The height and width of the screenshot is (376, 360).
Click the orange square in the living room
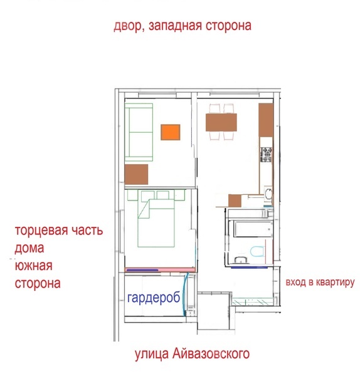click(x=171, y=132)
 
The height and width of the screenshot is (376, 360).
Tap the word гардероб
click(x=154, y=298)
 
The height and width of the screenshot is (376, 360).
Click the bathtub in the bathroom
click(x=253, y=229)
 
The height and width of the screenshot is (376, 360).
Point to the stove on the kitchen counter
click(x=267, y=155)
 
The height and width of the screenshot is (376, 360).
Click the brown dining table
click(x=221, y=123)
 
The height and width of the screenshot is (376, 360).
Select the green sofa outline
click(x=139, y=132)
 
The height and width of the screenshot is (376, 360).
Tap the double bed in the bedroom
click(x=156, y=223)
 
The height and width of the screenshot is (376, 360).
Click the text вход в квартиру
click(x=320, y=282)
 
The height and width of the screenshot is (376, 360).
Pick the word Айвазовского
click(x=211, y=354)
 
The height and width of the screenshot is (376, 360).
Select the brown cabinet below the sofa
click(x=136, y=174)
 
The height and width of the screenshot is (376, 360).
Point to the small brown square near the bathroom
click(x=235, y=201)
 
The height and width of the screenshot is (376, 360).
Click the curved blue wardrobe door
click(x=184, y=294)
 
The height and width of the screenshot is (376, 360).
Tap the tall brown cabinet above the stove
click(x=266, y=120)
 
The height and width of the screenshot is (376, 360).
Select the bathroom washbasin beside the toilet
click(x=240, y=260)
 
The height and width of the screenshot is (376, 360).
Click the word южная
click(x=34, y=266)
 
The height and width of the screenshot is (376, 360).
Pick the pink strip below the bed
click(x=160, y=269)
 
